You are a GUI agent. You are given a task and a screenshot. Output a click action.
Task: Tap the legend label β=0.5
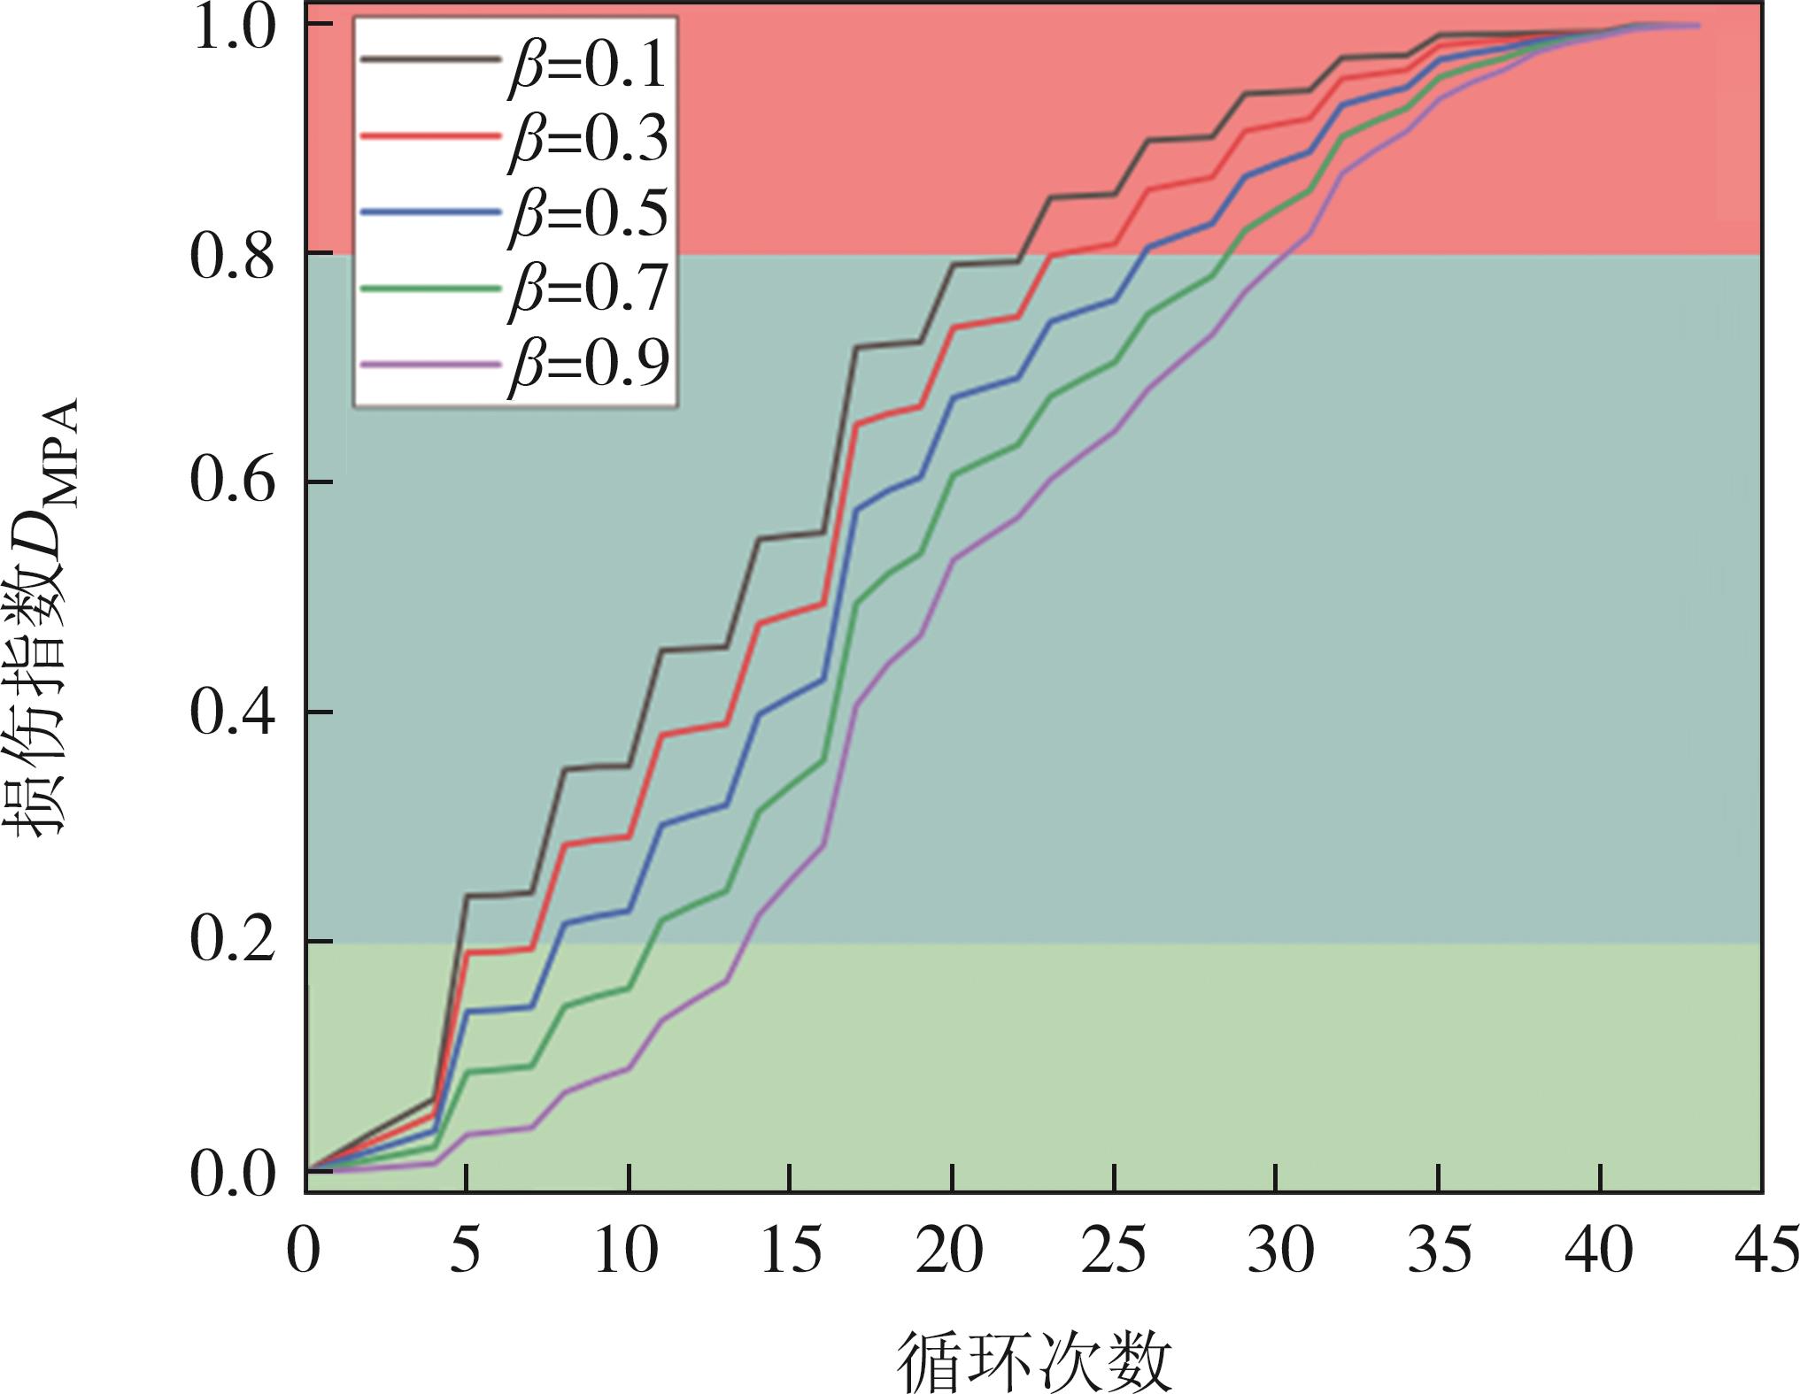coord(587,213)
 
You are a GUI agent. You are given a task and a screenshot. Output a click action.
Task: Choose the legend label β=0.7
coord(587,289)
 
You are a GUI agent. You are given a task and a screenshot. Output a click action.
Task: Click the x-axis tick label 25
coord(1113,1252)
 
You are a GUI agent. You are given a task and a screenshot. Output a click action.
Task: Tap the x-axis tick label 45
coord(1761,1252)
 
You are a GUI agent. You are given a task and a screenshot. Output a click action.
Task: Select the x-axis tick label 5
coord(467,1252)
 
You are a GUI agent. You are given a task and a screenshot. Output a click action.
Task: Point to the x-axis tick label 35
coord(1437,1252)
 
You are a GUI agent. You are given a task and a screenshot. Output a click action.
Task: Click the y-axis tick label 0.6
coord(233,482)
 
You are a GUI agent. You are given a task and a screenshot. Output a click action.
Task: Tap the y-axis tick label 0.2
coord(233,942)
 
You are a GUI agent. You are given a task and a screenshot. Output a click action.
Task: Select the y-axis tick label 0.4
coord(233,712)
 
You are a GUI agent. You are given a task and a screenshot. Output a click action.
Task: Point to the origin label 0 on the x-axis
coord(304,1252)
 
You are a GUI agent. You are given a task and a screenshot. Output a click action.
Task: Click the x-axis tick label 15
coord(790,1252)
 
